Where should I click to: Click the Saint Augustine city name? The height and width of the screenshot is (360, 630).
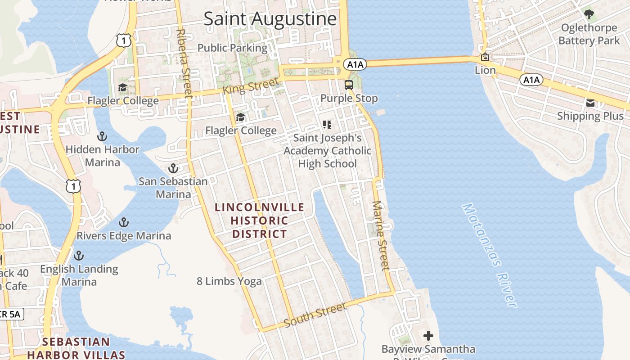[x=270, y=19]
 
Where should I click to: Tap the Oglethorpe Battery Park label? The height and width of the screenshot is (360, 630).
[x=589, y=34]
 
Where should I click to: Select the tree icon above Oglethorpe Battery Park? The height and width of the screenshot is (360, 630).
[x=589, y=14]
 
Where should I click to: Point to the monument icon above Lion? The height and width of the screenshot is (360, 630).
[x=485, y=57]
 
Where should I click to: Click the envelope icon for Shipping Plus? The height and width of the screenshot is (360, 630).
[x=590, y=103]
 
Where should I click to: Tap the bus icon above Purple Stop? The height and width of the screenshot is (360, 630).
[x=349, y=85]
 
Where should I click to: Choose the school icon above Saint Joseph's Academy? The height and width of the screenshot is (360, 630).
[x=327, y=124]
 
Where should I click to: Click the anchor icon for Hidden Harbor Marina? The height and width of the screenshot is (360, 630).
[x=103, y=136]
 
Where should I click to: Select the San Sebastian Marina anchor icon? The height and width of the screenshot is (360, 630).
[x=173, y=169]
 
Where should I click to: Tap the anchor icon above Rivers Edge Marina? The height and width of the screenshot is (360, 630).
[x=124, y=222]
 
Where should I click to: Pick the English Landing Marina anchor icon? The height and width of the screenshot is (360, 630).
[x=79, y=256]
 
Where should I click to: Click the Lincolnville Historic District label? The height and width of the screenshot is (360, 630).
[x=260, y=220]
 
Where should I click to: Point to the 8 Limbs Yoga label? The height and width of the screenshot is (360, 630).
[x=229, y=281]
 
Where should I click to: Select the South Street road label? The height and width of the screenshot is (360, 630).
[x=316, y=315]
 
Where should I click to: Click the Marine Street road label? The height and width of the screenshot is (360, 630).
[x=381, y=235]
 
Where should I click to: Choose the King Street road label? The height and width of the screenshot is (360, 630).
[x=250, y=86]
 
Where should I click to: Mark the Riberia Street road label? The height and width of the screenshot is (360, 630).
[x=185, y=63]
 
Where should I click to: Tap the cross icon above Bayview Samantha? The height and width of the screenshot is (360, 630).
[x=428, y=336]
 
